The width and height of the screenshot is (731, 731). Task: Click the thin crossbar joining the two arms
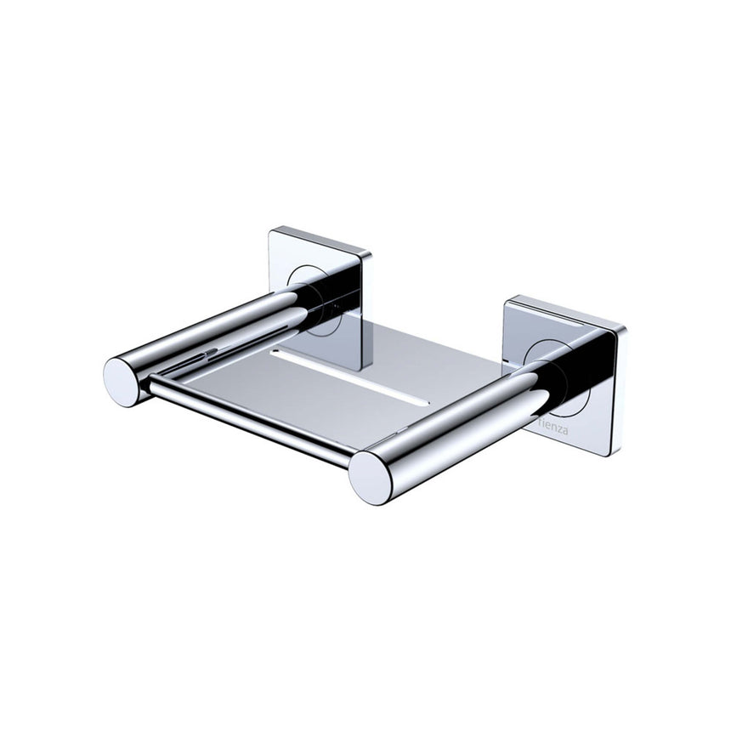246,422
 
